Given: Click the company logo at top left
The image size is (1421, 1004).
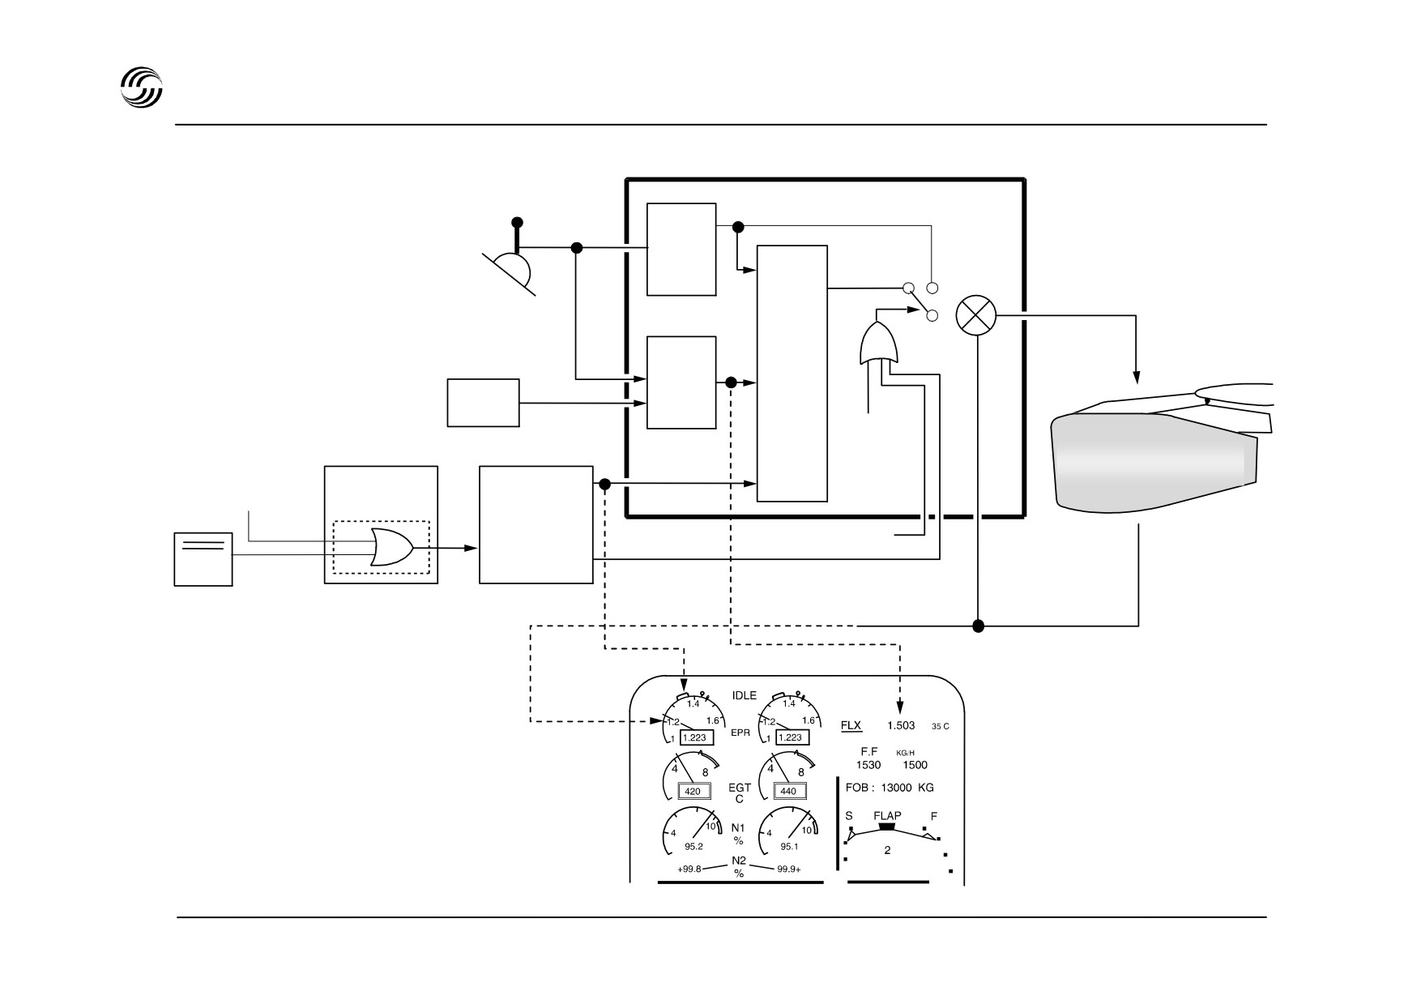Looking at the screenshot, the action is [142, 87].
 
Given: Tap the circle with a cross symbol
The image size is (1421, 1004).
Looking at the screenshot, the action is [976, 315].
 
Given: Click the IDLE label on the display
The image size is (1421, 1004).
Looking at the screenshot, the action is [744, 695].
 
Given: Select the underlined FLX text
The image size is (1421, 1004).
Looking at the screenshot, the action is [851, 726].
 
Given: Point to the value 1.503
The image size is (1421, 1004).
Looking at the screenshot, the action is [901, 726].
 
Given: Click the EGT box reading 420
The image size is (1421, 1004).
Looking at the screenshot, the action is [693, 791].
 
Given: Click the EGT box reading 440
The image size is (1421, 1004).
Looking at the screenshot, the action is [788, 791].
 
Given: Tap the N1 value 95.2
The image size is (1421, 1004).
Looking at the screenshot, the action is [693, 847].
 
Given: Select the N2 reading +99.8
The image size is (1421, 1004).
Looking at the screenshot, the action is [689, 869].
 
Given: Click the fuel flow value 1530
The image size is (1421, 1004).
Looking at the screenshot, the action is [868, 765].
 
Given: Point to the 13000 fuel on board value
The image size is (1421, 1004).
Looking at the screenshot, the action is [897, 788].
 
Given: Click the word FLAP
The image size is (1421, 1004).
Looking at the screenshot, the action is [887, 816].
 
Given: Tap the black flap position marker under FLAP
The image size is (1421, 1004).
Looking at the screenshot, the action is [887, 827].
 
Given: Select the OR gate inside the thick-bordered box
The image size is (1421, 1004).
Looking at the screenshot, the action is [878, 344].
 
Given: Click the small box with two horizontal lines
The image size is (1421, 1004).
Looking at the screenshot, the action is [203, 559].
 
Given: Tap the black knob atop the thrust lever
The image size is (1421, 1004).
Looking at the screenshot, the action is [517, 223].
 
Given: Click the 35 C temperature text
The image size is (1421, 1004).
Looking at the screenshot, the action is [941, 727].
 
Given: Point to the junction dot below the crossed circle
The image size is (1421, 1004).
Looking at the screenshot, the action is [978, 626].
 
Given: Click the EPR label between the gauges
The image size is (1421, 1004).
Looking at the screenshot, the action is [740, 733].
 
